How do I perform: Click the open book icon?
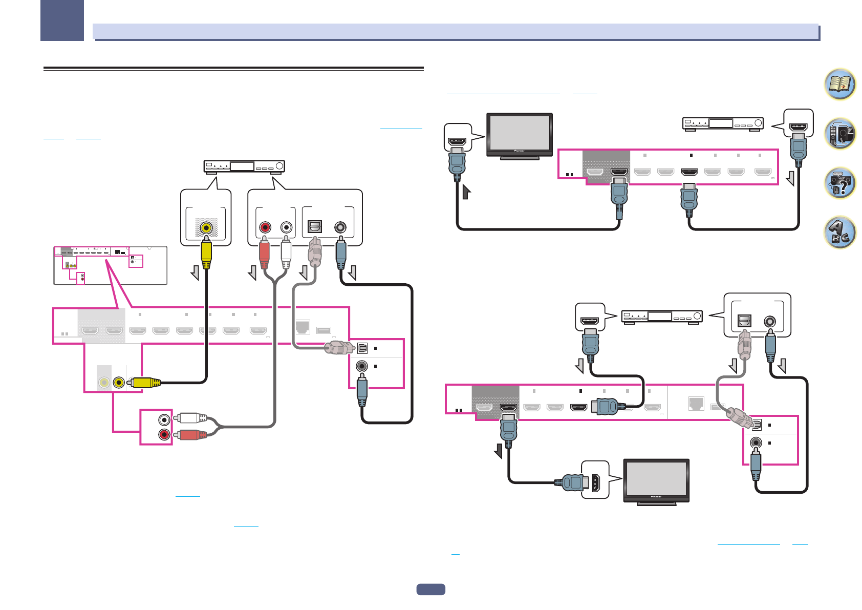tap(840, 85)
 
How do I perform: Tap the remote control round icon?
tap(840, 134)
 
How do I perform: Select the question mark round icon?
tap(840, 183)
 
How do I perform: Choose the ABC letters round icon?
tap(840, 232)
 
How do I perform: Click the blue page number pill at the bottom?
tap(430, 590)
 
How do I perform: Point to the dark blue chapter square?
tap(62, 20)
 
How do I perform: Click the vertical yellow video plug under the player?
tap(206, 253)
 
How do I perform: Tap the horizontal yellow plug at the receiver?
tap(145, 382)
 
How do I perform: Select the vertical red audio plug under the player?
tap(264, 253)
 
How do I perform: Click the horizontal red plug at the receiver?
tap(191, 435)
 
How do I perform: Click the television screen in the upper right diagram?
tap(520, 132)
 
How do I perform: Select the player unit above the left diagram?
tap(244, 166)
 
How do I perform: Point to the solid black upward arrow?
tap(466, 192)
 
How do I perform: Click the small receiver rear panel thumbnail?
tap(111, 265)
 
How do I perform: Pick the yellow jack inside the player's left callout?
tap(206, 227)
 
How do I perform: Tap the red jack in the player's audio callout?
tap(265, 227)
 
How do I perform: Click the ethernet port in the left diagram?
tap(303, 327)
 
